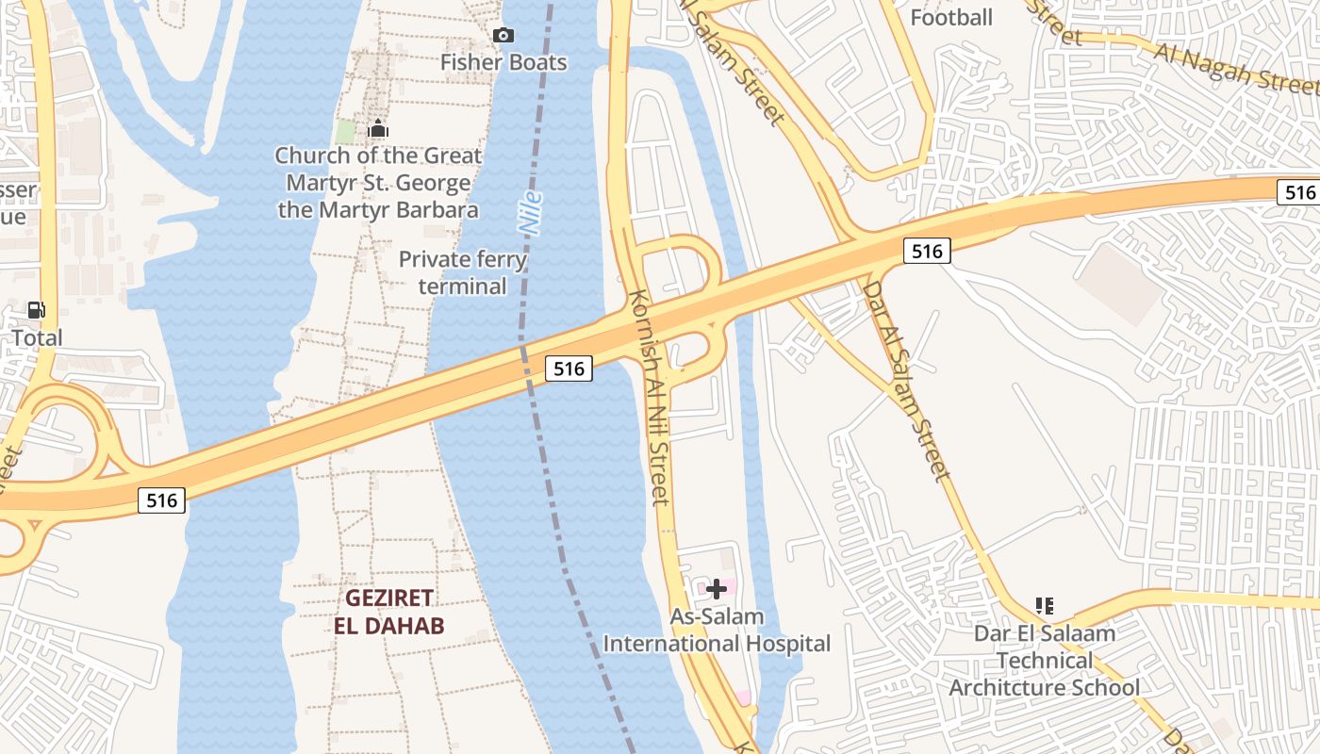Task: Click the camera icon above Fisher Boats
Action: tap(504, 36)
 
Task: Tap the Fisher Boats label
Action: tap(504, 62)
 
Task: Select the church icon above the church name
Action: tap(378, 129)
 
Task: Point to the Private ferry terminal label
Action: tap(463, 272)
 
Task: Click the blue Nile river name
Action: tap(531, 214)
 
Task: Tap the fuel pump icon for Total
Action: tap(37, 310)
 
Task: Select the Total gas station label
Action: tap(38, 337)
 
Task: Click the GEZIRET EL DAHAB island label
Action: tap(388, 612)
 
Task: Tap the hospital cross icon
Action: tap(717, 589)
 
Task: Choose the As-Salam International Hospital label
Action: tap(717, 631)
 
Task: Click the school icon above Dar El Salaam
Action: tap(1044, 605)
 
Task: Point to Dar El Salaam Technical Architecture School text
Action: tap(1045, 660)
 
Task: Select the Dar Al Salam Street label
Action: tap(905, 380)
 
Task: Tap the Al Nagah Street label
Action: tap(1235, 68)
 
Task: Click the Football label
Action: tap(951, 17)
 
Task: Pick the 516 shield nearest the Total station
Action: tap(162, 500)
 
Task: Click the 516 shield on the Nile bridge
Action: tap(569, 369)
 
